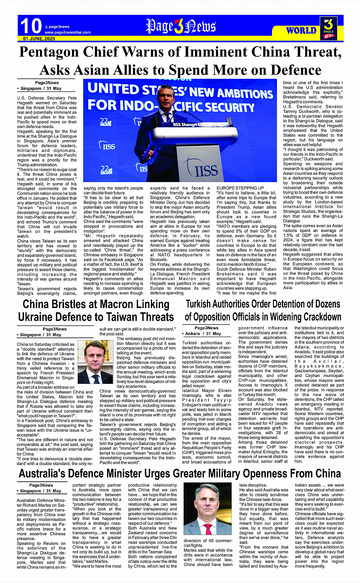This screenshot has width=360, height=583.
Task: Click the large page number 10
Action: pos(30,26)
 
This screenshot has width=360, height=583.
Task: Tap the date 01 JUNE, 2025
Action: pos(39,39)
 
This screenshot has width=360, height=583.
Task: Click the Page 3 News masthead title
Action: pos(181,26)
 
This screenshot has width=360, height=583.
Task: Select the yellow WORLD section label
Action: pos(301,30)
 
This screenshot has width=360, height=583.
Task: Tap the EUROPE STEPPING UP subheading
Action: pos(240,188)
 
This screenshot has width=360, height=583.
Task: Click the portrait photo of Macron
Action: pos(95,362)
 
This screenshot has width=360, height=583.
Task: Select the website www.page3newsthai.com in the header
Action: pos(67,32)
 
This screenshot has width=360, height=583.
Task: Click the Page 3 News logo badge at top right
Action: pos(328,28)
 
